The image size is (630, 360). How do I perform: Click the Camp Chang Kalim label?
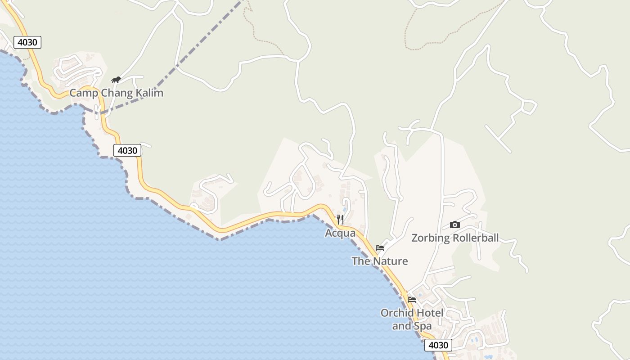[116, 93]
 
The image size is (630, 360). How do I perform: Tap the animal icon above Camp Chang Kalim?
[116, 80]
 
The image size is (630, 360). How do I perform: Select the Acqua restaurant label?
[340, 233]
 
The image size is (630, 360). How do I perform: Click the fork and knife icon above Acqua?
[340, 220]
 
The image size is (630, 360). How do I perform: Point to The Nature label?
[380, 261]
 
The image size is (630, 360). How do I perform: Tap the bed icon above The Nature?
[380, 247]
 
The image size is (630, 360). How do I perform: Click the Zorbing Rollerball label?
[455, 238]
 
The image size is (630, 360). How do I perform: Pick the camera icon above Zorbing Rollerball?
[455, 225]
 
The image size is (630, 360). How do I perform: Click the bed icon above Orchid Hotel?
[412, 299]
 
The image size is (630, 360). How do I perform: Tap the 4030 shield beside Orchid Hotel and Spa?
[438, 345]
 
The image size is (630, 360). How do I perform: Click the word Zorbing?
[431, 238]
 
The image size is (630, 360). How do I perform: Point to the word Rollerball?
[476, 238]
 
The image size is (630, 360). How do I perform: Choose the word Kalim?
[150, 93]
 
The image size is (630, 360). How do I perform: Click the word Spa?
[423, 326]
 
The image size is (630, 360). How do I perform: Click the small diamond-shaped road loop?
[529, 107]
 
